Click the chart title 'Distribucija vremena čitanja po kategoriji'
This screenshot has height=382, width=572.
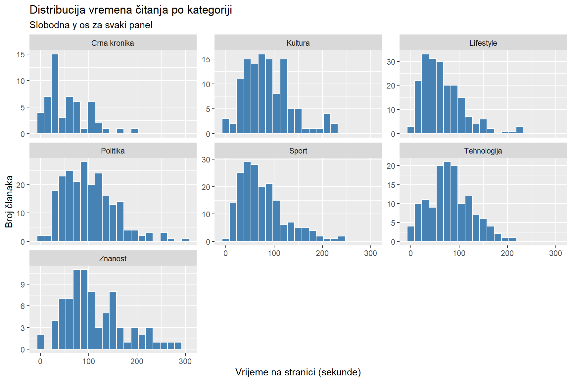click(131, 10)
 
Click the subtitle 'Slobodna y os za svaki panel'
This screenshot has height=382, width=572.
click(91, 25)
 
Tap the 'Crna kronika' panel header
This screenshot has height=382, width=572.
click(113, 43)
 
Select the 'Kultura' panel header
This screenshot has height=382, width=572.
click(298, 43)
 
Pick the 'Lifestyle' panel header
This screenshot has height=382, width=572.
click(483, 43)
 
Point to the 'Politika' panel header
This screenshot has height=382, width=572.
click(113, 151)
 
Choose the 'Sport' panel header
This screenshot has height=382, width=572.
click(298, 151)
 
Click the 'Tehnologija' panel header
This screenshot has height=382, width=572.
click(483, 151)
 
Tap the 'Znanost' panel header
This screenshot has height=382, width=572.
click(113, 259)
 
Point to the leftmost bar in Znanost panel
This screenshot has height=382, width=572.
click(40, 342)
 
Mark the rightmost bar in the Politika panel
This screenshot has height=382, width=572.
click(185, 240)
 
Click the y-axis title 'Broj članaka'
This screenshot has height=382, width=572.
click(9, 202)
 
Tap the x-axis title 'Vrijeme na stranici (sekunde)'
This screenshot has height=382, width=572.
click(298, 372)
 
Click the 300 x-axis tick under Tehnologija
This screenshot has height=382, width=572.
click(555, 253)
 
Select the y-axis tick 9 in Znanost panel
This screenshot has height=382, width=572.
click(23, 285)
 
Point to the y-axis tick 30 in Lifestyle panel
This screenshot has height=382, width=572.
click(391, 62)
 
